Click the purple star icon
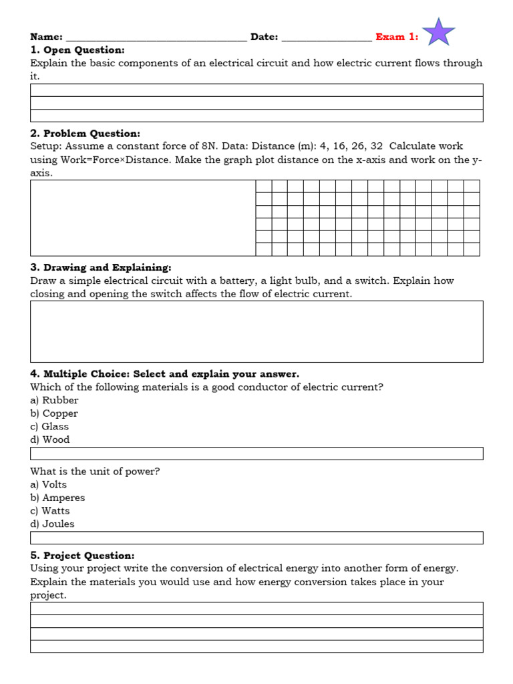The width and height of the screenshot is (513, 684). pyautogui.click(x=439, y=32)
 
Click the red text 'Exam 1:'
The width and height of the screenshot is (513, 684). pyautogui.click(x=397, y=37)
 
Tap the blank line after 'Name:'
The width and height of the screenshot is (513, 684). pyautogui.click(x=156, y=39)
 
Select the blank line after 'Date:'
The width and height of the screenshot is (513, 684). pyautogui.click(x=327, y=39)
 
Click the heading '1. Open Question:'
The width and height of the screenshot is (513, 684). pyautogui.click(x=77, y=50)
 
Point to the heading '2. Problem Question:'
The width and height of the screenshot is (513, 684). pyautogui.click(x=85, y=134)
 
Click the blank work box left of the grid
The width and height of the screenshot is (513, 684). pyautogui.click(x=143, y=218)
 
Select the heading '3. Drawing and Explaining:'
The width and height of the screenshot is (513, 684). pyautogui.click(x=101, y=268)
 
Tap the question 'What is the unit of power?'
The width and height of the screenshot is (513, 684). pyautogui.click(x=95, y=472)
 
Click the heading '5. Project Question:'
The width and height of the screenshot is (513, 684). pyautogui.click(x=82, y=556)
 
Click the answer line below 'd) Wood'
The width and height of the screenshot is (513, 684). pyautogui.click(x=256, y=454)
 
